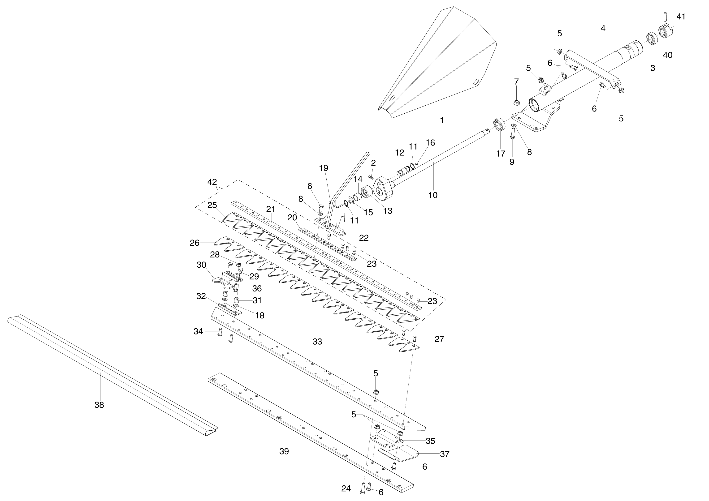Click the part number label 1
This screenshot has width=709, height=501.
pyautogui.click(x=442, y=120)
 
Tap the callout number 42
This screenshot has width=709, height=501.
pyautogui.click(x=212, y=182)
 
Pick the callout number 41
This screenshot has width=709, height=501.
pyautogui.click(x=681, y=17)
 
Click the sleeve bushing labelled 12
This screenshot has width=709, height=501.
pyautogui.click(x=404, y=170)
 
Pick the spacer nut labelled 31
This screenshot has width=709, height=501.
pyautogui.click(x=237, y=300)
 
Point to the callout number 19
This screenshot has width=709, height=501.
pyautogui.click(x=323, y=168)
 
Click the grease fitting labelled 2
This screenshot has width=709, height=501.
pyautogui.click(x=371, y=177)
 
